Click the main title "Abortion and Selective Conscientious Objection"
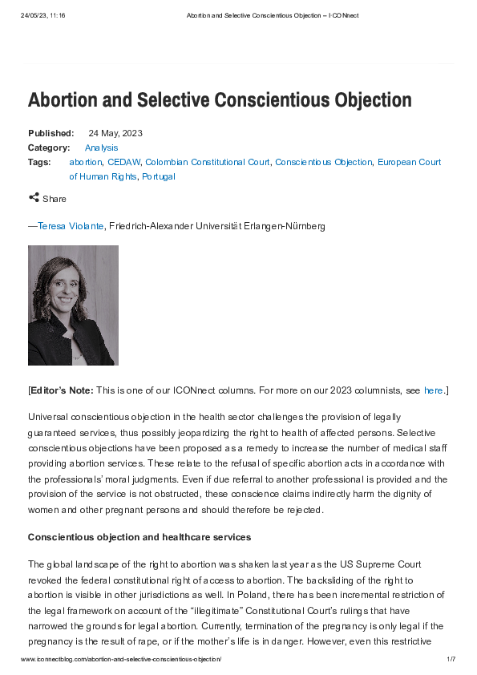220,101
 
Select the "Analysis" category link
101,148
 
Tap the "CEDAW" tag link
124,162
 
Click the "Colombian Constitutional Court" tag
208,162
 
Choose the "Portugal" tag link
159,176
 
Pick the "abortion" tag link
86,162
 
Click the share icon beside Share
34,198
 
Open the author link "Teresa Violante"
71,227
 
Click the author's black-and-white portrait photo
73,305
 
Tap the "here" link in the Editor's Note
433,390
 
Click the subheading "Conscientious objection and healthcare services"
139,537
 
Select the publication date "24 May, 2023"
115,133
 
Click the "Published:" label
51,133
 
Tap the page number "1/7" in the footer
451,659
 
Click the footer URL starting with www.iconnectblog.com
120,659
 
